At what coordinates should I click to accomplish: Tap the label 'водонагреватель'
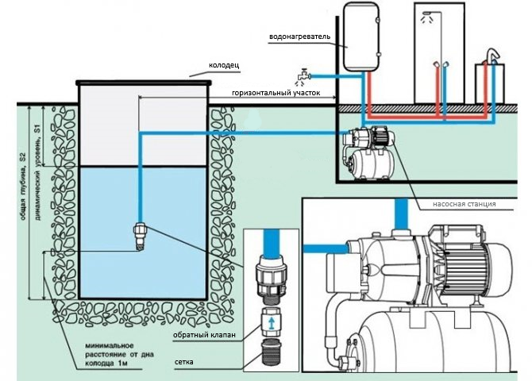(304, 37)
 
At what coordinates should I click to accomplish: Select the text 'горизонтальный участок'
(276, 93)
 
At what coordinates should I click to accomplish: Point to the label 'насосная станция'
(464, 204)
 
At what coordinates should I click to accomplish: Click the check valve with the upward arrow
(272, 324)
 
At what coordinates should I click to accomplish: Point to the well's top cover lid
(144, 81)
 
